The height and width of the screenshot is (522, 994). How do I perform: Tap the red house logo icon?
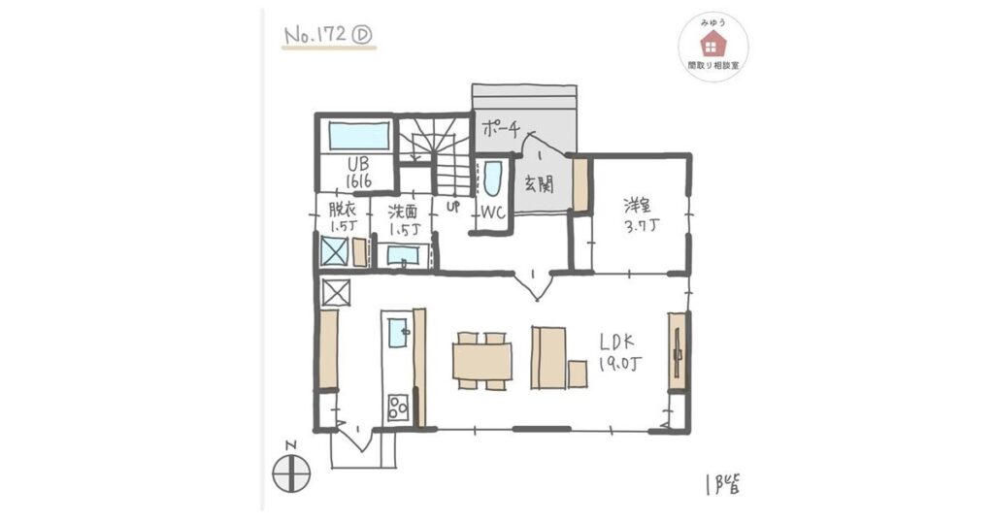[712, 43]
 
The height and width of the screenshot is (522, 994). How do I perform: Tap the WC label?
[489, 212]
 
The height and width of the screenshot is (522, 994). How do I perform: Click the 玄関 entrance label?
[539, 184]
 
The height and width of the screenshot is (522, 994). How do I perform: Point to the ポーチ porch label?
[502, 127]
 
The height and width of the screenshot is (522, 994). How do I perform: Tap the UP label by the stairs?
[452, 208]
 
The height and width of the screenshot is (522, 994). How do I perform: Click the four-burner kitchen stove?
[398, 408]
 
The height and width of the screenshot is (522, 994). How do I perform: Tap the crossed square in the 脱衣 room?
[335, 251]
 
